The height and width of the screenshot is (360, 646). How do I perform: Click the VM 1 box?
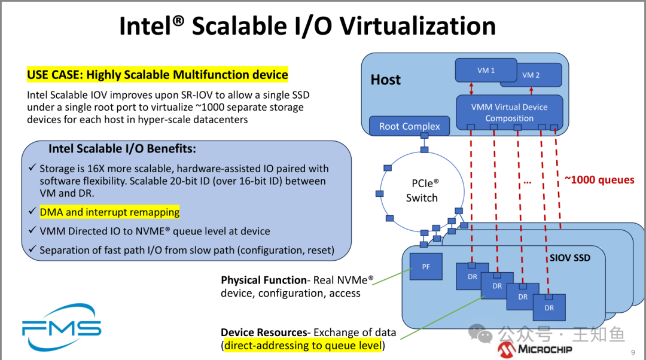click(486, 70)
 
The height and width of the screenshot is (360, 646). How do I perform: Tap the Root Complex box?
click(409, 126)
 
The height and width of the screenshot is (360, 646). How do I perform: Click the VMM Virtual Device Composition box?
click(509, 112)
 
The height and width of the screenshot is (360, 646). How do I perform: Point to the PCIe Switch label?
click(422, 190)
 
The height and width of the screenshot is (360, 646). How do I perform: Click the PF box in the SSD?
click(426, 267)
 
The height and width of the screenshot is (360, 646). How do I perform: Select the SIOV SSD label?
click(569, 258)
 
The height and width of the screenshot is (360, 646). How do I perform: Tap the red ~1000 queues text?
click(599, 179)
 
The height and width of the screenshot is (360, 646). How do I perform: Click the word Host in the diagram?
click(385, 80)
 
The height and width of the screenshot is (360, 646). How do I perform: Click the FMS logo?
click(62, 327)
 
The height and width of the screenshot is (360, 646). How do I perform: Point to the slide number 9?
click(633, 353)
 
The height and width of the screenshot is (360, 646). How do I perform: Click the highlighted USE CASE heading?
click(157, 75)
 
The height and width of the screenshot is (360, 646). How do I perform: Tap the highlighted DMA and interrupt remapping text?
click(109, 212)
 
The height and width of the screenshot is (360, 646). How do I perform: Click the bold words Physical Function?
click(264, 280)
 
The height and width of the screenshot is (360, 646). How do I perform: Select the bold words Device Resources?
click(263, 332)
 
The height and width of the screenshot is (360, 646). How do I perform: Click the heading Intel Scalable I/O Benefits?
click(122, 149)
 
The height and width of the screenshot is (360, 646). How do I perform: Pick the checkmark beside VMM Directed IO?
click(32, 231)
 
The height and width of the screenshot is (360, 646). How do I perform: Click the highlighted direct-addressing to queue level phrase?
click(302, 346)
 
